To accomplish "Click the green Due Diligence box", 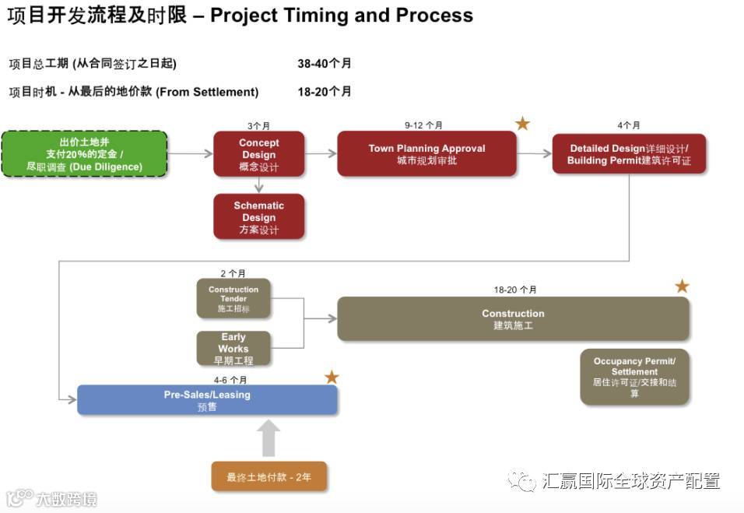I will [x=84, y=154].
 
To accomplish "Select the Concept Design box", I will [x=259, y=154].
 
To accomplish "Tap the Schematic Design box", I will [x=259, y=216].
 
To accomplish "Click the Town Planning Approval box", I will [x=426, y=153].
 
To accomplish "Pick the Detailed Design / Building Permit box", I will [x=629, y=154].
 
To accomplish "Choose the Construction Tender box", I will [x=233, y=298].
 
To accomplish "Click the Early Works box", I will [x=233, y=348].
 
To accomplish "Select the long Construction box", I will [x=513, y=318].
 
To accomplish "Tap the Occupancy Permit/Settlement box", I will [x=634, y=377].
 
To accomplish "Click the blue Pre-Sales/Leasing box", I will [x=207, y=400].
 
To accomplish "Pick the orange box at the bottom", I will [x=268, y=476].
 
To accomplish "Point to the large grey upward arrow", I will [x=268, y=438].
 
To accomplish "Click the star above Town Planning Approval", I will [x=522, y=124].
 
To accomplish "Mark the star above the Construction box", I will [x=682, y=286].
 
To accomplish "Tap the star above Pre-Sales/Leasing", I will [x=332, y=378].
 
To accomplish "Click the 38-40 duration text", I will [x=325, y=64].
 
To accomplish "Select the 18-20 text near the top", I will [x=325, y=92].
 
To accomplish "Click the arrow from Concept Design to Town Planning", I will [x=321, y=154].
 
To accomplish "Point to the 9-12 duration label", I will [x=423, y=125].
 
